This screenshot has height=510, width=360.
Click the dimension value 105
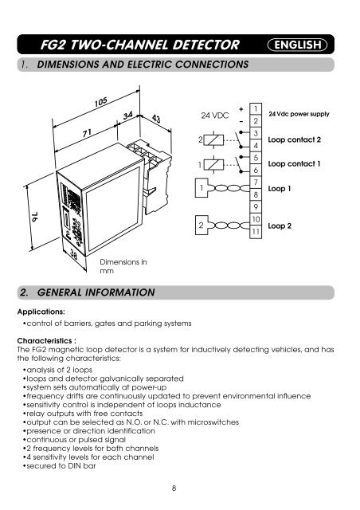click(x=101, y=107)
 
